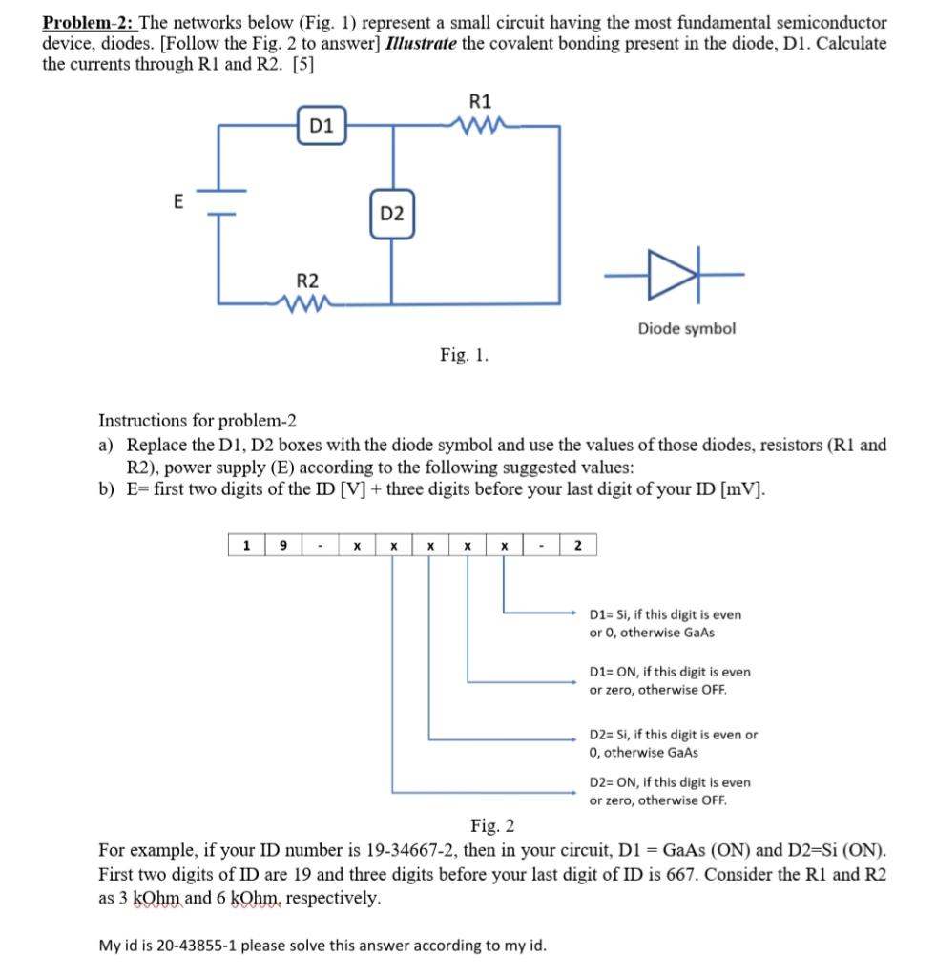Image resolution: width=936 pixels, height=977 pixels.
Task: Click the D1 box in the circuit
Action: point(322,126)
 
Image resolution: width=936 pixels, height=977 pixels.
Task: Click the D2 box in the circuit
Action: point(391,215)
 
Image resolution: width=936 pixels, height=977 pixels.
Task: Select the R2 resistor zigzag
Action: point(308,303)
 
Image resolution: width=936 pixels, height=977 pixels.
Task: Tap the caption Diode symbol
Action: point(686,328)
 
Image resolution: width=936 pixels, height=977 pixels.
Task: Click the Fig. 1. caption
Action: point(465,355)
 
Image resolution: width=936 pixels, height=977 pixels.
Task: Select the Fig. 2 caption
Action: point(492,825)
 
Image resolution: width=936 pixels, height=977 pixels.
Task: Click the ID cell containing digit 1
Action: point(247,546)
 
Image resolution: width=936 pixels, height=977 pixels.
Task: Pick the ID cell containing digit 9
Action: point(283,546)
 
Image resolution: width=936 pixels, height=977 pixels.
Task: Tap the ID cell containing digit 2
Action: point(578,546)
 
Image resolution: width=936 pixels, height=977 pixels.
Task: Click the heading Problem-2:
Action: point(89,22)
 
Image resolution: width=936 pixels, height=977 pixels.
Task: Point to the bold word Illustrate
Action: point(418,44)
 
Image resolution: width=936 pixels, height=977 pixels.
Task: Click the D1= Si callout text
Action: point(665,623)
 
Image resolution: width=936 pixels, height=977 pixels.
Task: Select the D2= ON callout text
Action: point(670,791)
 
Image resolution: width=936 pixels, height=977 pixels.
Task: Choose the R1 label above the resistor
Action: point(481,101)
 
